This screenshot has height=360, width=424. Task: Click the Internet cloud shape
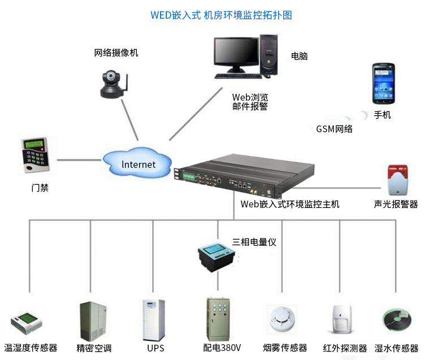click(139, 163)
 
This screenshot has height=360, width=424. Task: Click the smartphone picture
click(383, 84)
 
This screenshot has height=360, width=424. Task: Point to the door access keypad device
click(35, 155)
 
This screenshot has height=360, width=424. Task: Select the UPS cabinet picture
click(153, 319)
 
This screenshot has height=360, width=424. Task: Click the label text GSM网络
click(334, 129)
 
